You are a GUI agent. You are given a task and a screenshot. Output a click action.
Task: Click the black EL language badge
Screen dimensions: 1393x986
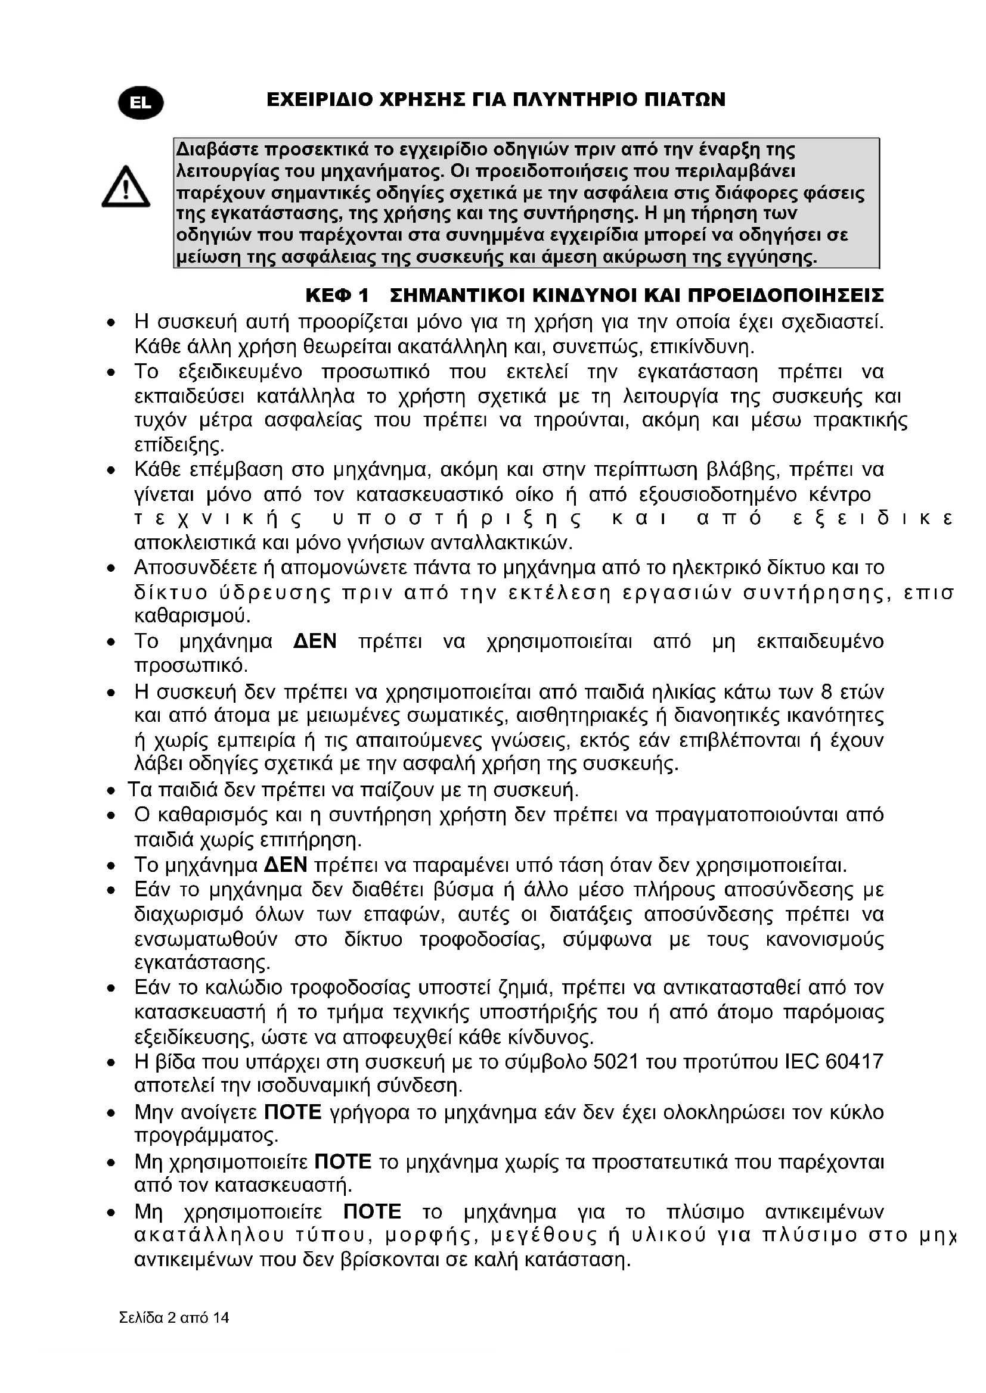click(x=141, y=102)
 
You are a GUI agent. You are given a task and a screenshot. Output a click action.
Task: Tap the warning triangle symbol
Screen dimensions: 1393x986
click(x=126, y=187)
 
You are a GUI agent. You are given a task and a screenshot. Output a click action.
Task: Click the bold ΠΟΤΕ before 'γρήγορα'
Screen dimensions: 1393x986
click(x=293, y=1112)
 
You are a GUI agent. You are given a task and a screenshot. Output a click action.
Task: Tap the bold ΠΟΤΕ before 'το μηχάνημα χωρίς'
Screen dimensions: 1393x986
click(x=342, y=1162)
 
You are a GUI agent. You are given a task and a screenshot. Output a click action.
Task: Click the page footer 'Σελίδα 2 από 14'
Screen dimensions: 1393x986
click(x=174, y=1317)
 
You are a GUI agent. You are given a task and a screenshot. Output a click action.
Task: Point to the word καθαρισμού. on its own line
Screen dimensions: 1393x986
click(x=193, y=616)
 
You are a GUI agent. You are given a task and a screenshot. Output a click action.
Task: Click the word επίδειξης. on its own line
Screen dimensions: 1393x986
click(x=179, y=445)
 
